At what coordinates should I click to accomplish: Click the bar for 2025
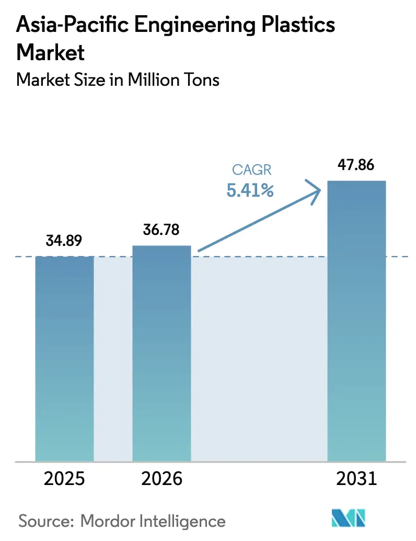click(x=64, y=359)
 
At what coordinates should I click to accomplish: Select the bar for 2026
click(x=161, y=354)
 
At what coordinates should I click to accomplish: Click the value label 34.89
click(x=64, y=241)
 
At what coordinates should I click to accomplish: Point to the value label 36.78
click(x=161, y=230)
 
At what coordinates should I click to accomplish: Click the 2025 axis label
click(x=64, y=479)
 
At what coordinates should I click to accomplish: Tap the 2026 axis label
click(x=161, y=479)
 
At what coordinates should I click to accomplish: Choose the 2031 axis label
click(x=356, y=479)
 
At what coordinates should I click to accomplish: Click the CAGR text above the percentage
click(x=250, y=170)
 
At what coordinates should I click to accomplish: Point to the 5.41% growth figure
click(x=250, y=191)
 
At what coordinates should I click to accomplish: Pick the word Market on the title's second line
click(x=50, y=52)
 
